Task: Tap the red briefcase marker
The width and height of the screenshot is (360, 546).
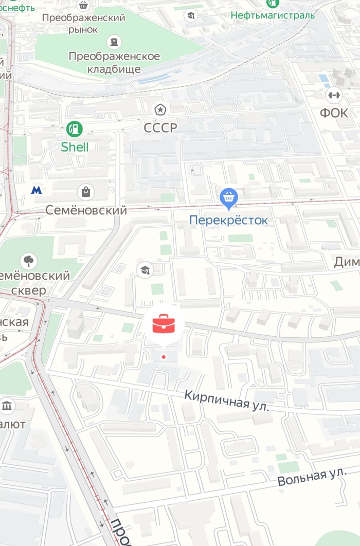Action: click(164, 325)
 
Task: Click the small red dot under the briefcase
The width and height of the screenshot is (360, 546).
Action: click(164, 356)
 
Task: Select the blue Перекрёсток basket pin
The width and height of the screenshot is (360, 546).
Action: click(228, 197)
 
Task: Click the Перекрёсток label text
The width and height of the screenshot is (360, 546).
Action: click(228, 221)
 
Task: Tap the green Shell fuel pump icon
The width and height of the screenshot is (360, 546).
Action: click(75, 129)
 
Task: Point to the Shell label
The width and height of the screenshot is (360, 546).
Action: click(75, 147)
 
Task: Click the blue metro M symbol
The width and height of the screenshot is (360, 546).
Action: click(36, 190)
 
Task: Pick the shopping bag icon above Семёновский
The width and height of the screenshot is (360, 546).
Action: click(85, 192)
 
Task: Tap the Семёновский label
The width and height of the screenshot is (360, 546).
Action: click(86, 210)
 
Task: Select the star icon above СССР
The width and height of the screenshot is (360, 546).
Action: click(160, 109)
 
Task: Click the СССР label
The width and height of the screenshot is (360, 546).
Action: click(160, 128)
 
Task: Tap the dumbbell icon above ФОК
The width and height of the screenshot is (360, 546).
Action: click(334, 95)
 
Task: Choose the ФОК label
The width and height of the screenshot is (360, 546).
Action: click(334, 113)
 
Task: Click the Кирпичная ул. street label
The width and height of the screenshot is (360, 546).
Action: click(227, 401)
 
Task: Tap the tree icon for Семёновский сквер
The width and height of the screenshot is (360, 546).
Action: click(28, 261)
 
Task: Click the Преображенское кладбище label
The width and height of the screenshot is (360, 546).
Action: click(114, 62)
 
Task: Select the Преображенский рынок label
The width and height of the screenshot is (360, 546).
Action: click(83, 24)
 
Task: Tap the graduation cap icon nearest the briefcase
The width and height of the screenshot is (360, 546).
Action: click(145, 269)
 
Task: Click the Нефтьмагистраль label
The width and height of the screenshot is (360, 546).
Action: click(273, 15)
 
